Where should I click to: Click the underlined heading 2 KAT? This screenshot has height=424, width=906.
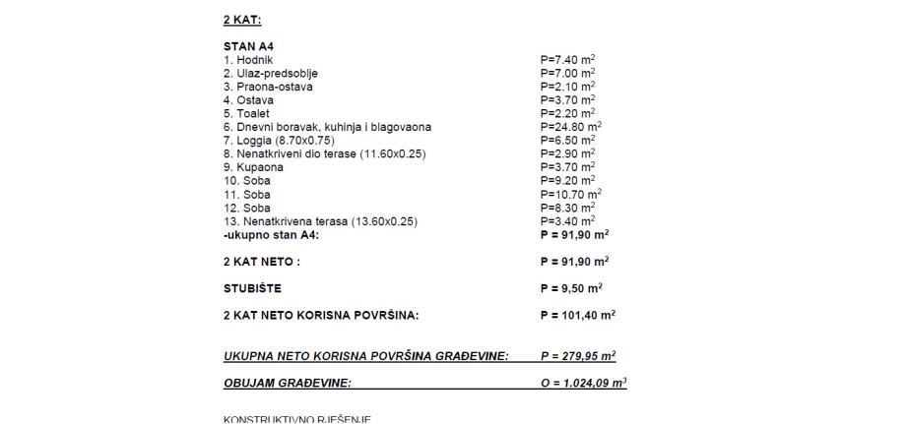pos(241,20)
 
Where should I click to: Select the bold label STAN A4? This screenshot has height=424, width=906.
pos(247,46)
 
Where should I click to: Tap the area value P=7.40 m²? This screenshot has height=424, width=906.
pos(568,59)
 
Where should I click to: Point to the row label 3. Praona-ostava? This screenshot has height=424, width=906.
pos(268,87)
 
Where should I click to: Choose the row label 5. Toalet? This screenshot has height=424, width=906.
pos(248,113)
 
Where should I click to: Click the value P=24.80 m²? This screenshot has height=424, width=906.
pos(571,127)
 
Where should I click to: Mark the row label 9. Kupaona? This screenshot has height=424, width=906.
pos(253,167)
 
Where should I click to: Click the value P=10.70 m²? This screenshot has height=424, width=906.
pos(571,195)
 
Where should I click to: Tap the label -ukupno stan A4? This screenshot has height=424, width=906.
pos(271,234)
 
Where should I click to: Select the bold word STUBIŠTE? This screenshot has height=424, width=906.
pos(252,288)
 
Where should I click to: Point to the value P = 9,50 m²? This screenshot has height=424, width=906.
pos(572,288)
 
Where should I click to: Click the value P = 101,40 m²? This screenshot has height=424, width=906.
pos(578,315)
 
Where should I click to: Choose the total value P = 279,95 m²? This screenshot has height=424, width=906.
pos(579,355)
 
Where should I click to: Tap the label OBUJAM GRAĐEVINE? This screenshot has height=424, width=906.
pos(288,382)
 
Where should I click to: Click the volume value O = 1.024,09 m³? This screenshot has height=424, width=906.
pos(584,382)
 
